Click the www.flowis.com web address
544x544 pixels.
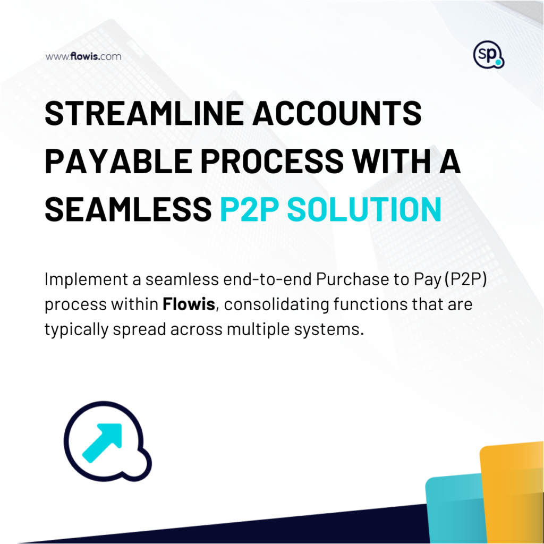[83, 56]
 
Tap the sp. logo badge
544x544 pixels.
[489, 55]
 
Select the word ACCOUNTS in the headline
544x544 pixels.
[337, 113]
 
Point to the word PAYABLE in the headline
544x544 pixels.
[118, 161]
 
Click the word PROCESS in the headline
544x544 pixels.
[272, 161]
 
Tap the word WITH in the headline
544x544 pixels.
[391, 161]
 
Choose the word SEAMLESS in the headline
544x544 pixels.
[129, 209]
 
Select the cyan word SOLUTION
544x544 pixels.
[364, 209]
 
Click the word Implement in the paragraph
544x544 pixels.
[87, 279]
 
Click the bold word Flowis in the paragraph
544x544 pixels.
[189, 304]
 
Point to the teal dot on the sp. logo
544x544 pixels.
[498, 63]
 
